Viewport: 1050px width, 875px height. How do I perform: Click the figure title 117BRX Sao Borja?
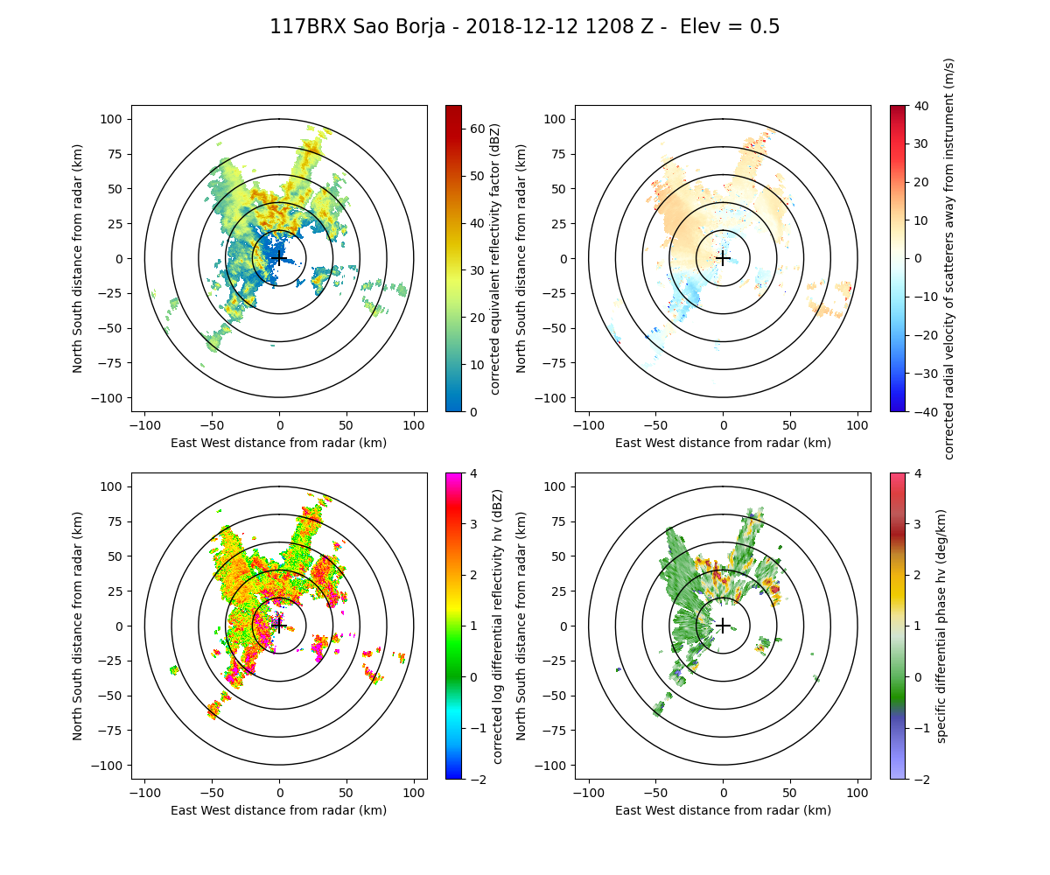click(x=524, y=27)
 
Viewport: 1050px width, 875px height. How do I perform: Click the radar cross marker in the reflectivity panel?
click(x=279, y=258)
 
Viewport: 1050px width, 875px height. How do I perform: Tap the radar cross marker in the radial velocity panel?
click(x=723, y=258)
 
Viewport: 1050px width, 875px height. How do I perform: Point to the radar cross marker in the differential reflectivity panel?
click(x=279, y=626)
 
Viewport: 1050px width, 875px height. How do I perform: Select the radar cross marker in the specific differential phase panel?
click(x=723, y=626)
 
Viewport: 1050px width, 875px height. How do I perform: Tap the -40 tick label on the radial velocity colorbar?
click(x=922, y=411)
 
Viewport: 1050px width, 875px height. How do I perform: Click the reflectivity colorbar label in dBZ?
click(x=494, y=258)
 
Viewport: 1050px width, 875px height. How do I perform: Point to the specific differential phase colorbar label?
click(x=941, y=626)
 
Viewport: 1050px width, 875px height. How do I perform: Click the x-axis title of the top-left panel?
click(x=279, y=443)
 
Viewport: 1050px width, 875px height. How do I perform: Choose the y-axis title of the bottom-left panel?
click(x=78, y=626)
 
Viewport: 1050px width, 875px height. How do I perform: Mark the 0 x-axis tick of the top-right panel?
click(x=723, y=425)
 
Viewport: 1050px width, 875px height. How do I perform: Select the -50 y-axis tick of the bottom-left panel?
click(x=117, y=696)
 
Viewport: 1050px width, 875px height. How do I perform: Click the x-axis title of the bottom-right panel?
click(x=723, y=810)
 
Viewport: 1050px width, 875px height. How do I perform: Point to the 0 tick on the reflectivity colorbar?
click(x=472, y=411)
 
